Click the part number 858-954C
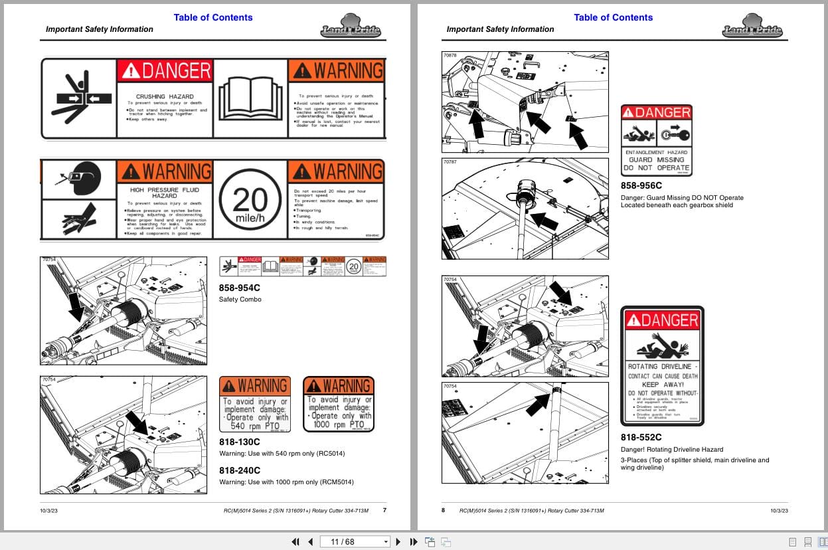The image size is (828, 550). (239, 288)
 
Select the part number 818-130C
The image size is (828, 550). (239, 442)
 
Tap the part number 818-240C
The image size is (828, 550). (239, 470)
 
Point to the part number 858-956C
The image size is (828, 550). (641, 186)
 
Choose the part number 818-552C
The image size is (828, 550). (641, 437)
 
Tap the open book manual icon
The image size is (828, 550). (250, 98)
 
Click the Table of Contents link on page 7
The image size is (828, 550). (213, 17)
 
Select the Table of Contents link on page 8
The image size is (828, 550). (613, 17)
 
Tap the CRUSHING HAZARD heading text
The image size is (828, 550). (165, 96)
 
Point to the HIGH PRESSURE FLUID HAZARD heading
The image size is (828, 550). (165, 193)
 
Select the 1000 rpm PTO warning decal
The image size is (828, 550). (339, 404)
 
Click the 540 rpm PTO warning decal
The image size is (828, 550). (255, 405)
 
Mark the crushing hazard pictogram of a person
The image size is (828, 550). (78, 98)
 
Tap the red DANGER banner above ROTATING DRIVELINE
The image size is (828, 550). (662, 320)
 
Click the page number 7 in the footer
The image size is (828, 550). (384, 510)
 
